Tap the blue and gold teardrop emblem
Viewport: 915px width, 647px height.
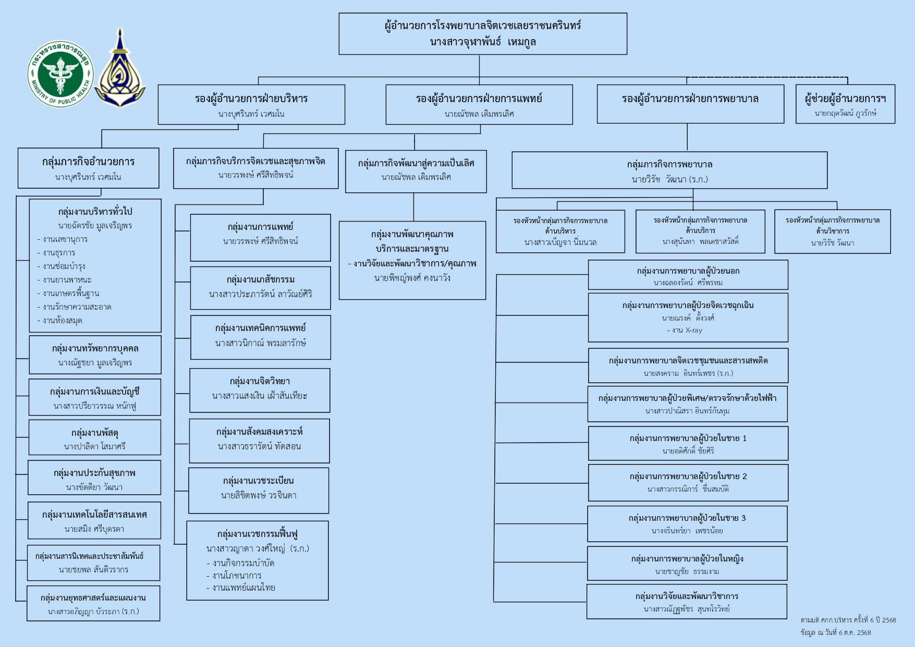(120, 70)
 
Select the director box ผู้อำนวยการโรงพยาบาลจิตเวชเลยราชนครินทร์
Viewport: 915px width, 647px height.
(483, 34)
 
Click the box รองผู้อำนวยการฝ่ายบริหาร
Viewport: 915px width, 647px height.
(251, 105)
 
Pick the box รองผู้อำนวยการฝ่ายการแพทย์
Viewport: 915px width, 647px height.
(479, 105)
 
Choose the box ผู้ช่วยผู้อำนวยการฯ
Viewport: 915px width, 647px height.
(845, 104)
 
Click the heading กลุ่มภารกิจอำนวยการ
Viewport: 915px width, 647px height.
(88, 162)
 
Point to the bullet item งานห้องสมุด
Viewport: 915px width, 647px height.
(62, 321)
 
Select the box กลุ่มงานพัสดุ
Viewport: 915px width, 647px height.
(94, 437)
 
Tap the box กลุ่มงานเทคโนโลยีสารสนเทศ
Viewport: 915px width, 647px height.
(94, 520)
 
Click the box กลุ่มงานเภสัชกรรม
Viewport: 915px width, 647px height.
(260, 288)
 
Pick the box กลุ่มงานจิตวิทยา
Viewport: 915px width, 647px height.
(260, 390)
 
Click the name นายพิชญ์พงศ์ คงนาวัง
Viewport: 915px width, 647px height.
(412, 278)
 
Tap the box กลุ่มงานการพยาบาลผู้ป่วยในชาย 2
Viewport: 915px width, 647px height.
(688, 482)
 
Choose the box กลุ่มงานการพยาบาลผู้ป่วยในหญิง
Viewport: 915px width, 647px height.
(687, 564)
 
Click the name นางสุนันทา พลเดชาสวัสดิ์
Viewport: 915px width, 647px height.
(700, 241)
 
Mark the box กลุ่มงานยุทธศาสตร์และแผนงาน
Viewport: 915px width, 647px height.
(93, 603)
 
